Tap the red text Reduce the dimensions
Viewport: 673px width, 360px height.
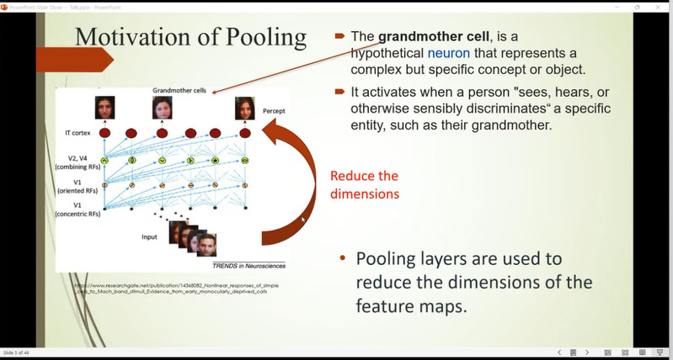point(364,183)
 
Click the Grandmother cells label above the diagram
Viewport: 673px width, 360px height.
point(181,90)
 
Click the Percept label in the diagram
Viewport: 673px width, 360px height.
point(275,110)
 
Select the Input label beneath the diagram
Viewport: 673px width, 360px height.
point(149,236)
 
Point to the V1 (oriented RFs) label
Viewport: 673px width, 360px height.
point(81,187)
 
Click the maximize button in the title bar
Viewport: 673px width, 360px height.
point(637,7)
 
